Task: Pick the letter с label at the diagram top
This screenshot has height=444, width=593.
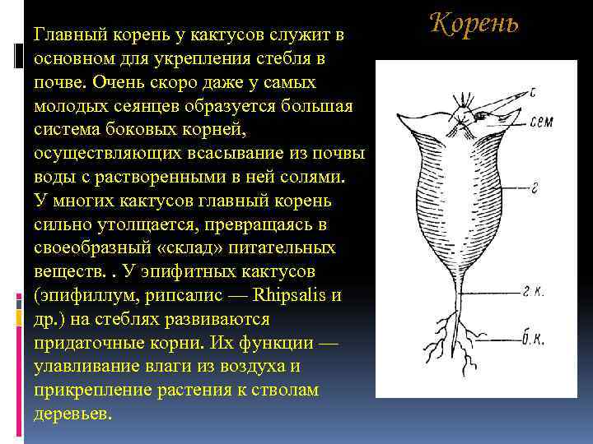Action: pyautogui.click(x=533, y=92)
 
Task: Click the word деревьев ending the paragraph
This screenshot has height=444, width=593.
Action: pyautogui.click(x=71, y=414)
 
